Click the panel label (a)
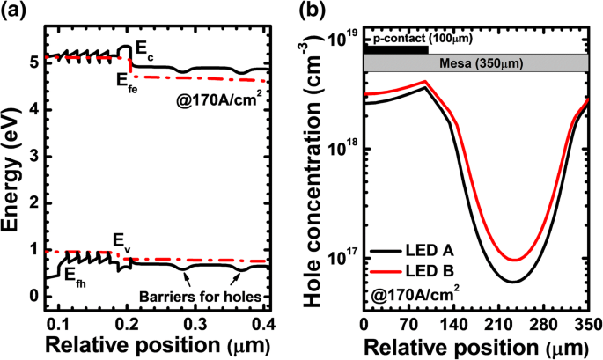tap(16, 12)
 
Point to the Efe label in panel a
tap(129, 78)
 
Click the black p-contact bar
tap(395, 49)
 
